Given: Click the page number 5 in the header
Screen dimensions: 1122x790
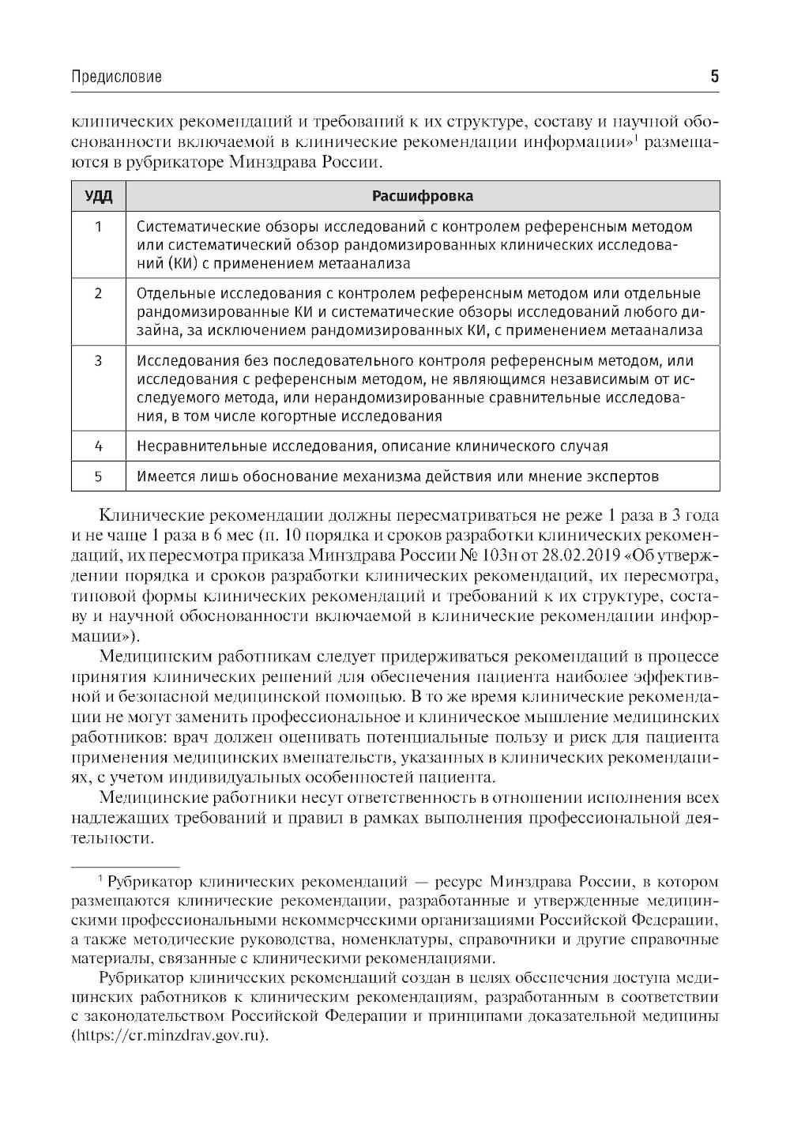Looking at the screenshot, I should point(714,76).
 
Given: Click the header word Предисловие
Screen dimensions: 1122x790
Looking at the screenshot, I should point(116,77).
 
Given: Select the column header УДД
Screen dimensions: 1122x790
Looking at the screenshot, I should point(99,195).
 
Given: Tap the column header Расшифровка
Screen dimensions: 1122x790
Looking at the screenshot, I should point(423,195).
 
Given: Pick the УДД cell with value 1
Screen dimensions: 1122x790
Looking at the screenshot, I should point(99,228).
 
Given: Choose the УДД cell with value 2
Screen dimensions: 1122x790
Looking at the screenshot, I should point(99,294).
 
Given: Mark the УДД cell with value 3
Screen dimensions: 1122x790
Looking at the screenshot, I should point(99,361).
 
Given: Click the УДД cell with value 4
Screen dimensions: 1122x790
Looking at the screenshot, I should point(99,446).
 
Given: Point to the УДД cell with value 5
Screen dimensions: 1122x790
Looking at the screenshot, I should point(99,476).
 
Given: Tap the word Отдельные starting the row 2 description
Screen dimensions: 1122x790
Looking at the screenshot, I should point(171,294).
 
